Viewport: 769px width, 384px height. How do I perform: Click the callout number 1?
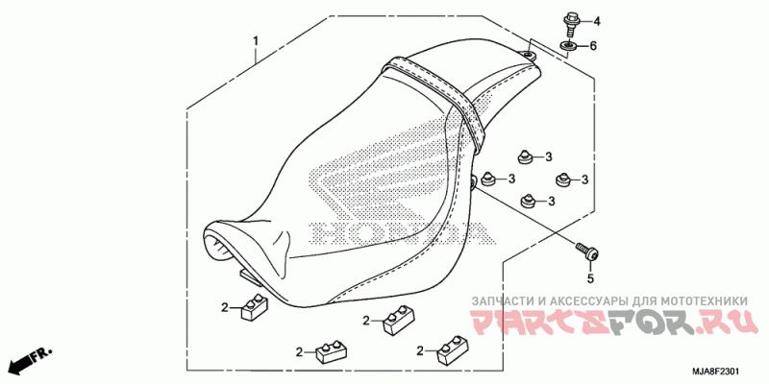pyautogui.click(x=256, y=40)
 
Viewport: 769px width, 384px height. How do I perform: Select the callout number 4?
pyautogui.click(x=594, y=21)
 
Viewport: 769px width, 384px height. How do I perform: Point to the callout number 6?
pyautogui.click(x=594, y=46)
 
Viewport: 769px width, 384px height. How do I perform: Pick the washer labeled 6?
pyautogui.click(x=569, y=45)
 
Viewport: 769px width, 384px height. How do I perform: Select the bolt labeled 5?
pyautogui.click(x=587, y=251)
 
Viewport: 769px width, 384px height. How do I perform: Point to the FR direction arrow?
pyautogui.click(x=29, y=361)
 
